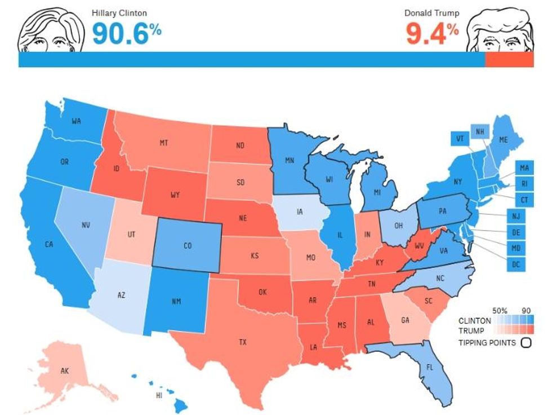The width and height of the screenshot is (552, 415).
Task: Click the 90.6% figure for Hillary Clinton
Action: click(x=126, y=33)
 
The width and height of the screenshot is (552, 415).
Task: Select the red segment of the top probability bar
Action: click(x=509, y=60)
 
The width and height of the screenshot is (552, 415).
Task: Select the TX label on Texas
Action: click(x=243, y=342)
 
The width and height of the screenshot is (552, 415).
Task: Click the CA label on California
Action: click(x=49, y=244)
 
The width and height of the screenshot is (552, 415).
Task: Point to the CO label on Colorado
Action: click(x=188, y=246)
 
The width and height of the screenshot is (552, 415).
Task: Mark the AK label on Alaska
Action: click(x=64, y=371)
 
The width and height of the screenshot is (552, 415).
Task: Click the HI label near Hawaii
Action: click(x=160, y=395)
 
